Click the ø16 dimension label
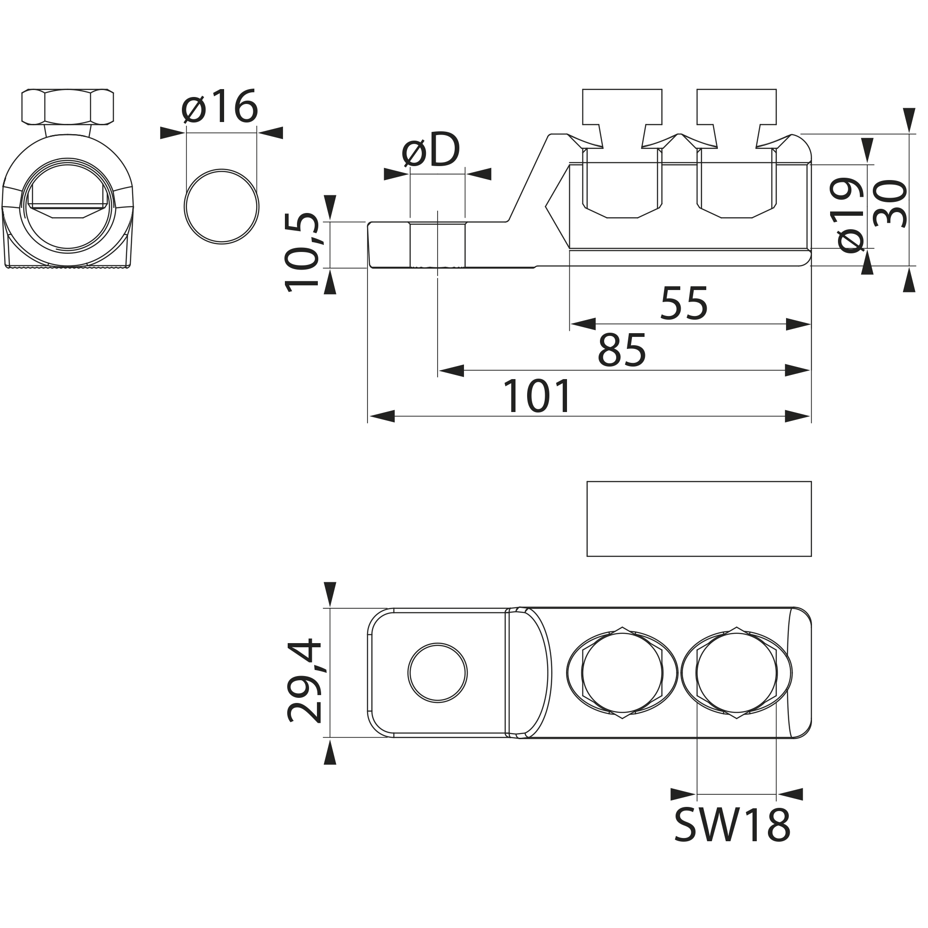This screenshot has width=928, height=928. [x=219, y=107]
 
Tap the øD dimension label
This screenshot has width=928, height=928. [x=431, y=150]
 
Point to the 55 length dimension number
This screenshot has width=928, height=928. [x=683, y=304]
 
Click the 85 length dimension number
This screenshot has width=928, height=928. [x=622, y=351]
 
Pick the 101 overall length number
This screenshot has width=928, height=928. [x=536, y=397]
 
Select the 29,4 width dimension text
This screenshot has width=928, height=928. [x=304, y=681]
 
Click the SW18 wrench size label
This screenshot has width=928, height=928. [x=732, y=825]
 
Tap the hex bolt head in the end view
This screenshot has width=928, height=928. [x=68, y=106]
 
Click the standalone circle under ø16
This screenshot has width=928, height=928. [x=221, y=206]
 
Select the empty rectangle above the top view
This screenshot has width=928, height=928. [x=699, y=519]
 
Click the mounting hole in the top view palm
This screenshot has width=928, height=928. [x=437, y=673]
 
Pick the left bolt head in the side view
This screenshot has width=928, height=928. [x=622, y=107]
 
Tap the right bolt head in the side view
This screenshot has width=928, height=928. [x=736, y=107]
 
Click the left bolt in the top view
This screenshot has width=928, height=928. [x=622, y=673]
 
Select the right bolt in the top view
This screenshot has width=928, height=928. [x=736, y=673]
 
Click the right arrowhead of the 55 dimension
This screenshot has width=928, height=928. [x=798, y=324]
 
